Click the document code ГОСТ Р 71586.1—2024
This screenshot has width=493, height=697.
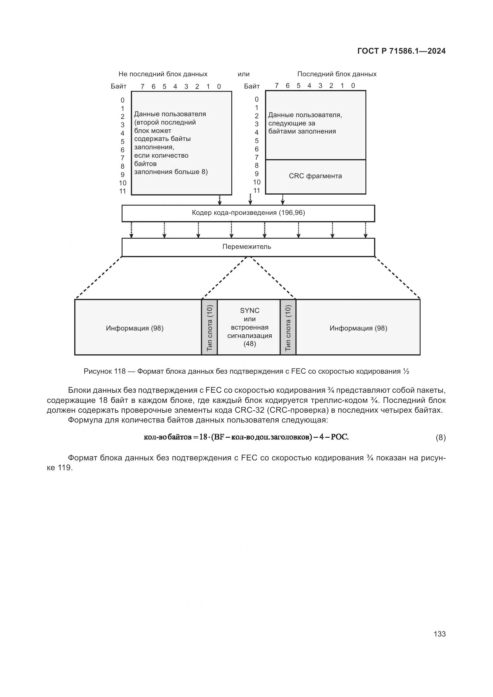pos(401,51)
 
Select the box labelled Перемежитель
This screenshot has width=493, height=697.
pos(248,247)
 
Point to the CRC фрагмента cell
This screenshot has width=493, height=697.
pos(315,176)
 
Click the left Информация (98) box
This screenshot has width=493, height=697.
pos(135,328)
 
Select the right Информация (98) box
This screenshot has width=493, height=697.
pos(358,328)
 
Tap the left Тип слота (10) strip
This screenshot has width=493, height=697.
pos(210,327)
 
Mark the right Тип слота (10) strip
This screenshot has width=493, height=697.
pos(288,327)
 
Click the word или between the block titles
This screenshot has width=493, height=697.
pos(244,74)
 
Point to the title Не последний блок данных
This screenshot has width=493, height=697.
pos(163,74)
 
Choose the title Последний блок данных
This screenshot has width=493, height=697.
pos(337,74)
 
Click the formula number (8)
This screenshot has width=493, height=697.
pos(441,437)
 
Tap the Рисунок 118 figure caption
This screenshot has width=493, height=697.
pos(246,371)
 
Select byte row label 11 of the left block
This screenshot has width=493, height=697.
pos(122,191)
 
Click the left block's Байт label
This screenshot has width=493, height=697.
pos(118,86)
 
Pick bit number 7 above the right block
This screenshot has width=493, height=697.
pos(277,86)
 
